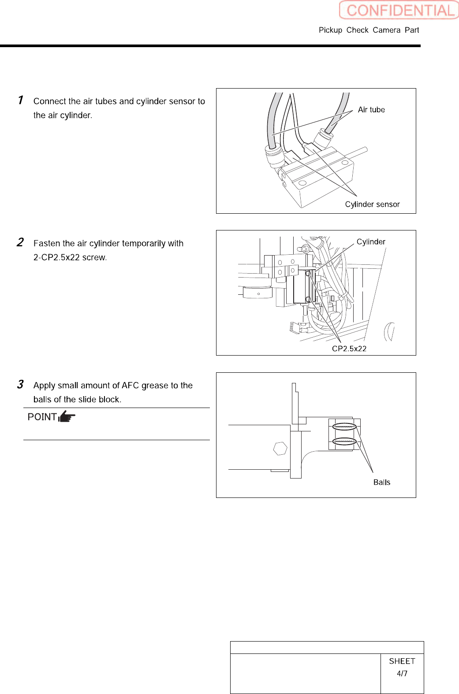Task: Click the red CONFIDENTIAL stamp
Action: (x=399, y=10)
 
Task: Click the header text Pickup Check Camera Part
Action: (x=369, y=30)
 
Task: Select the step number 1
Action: (x=20, y=100)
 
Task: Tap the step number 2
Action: (x=20, y=242)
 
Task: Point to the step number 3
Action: (x=20, y=384)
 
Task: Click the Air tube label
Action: (x=371, y=110)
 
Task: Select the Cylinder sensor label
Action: (x=372, y=204)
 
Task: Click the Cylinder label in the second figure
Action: (x=371, y=242)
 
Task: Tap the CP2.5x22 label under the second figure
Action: (x=349, y=349)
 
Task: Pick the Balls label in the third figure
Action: (x=382, y=482)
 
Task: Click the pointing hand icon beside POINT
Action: (x=67, y=416)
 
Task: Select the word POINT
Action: (x=42, y=417)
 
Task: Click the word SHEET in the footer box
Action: (x=402, y=661)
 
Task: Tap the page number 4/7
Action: (x=402, y=673)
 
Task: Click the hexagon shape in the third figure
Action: (x=280, y=449)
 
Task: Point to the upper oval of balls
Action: (x=344, y=427)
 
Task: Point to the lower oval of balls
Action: (x=344, y=441)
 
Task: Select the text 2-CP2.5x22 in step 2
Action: (x=56, y=257)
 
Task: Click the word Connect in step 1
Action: (x=50, y=101)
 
